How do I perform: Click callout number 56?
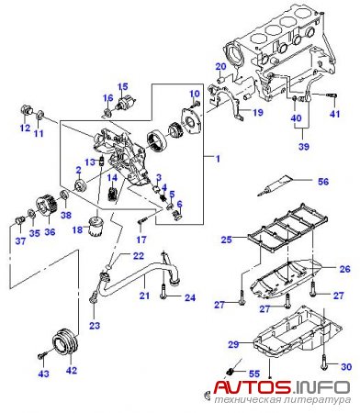[x=323, y=182]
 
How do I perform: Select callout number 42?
[x=72, y=370]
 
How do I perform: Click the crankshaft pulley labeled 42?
[x=65, y=341]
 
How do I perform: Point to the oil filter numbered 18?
[x=95, y=226]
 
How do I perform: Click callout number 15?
[x=122, y=86]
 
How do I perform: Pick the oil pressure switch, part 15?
[x=125, y=103]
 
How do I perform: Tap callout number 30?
[x=346, y=366]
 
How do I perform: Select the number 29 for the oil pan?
[x=233, y=344]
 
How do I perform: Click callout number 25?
[x=227, y=240]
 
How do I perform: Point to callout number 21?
[x=144, y=296]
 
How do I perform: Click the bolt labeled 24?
[x=163, y=292]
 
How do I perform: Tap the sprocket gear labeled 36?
[x=47, y=206]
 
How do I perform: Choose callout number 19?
[x=258, y=113]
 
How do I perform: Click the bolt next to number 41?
[x=332, y=95]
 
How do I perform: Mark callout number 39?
[x=304, y=146]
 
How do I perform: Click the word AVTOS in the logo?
[x=252, y=386]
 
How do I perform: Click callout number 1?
[x=218, y=159]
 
